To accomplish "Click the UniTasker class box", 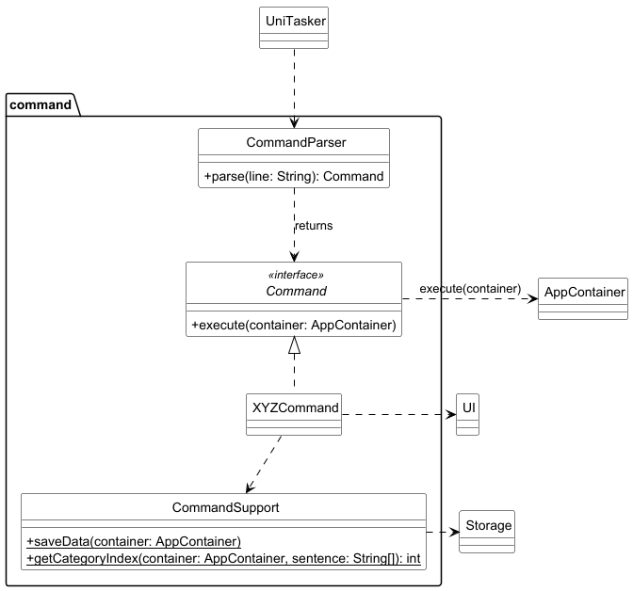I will [x=294, y=27].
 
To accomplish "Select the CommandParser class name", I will [x=294, y=143].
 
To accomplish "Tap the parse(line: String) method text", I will [x=294, y=176].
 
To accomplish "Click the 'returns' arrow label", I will [x=314, y=226].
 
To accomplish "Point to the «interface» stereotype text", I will [x=295, y=275].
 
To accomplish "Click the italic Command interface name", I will [x=295, y=291].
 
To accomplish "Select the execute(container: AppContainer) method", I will [x=294, y=326].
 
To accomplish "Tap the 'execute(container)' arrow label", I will [x=470, y=288].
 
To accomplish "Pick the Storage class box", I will [x=487, y=532].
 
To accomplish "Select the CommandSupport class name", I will [x=225, y=507].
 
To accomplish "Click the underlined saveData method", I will [x=134, y=541].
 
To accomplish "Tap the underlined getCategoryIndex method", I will [x=224, y=559].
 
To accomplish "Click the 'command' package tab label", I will [x=41, y=104].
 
